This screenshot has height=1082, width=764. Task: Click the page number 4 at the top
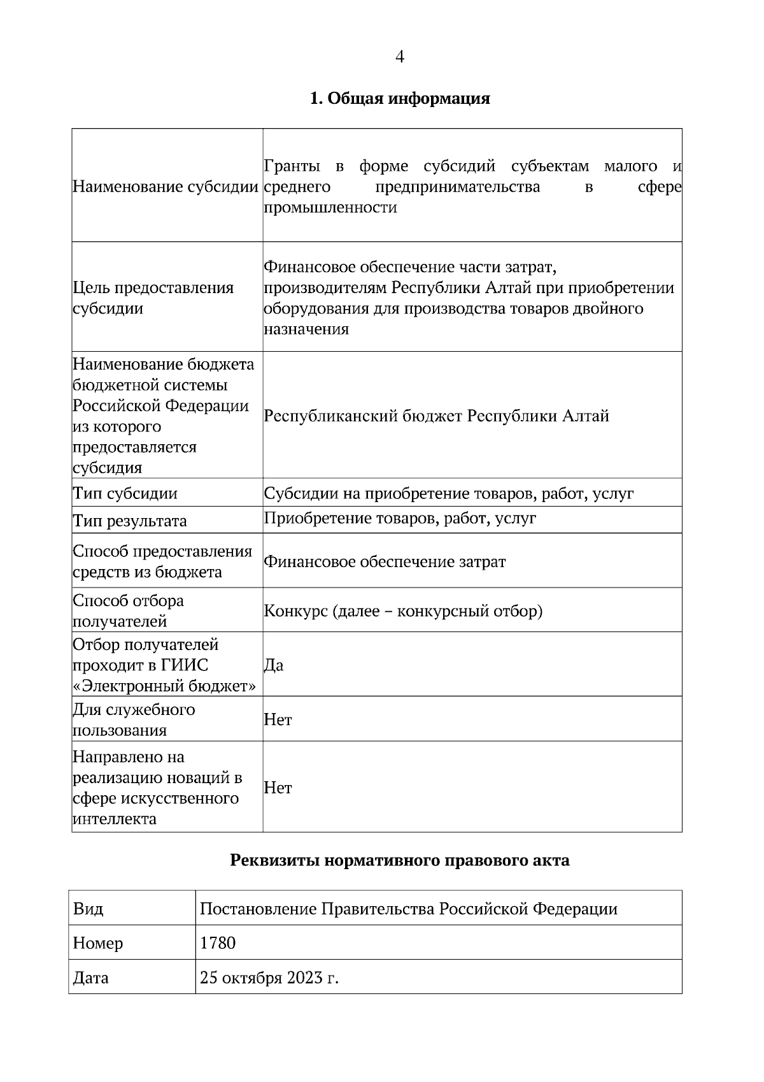pos(400,57)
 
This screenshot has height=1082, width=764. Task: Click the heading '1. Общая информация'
pos(400,99)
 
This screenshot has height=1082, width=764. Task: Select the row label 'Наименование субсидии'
pos(166,187)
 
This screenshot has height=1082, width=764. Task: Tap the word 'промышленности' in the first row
pos(330,208)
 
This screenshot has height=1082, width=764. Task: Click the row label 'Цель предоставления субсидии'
pos(153,298)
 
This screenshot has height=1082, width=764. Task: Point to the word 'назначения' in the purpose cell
pos(306,329)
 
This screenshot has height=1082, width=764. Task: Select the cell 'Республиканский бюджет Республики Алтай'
pos(436,416)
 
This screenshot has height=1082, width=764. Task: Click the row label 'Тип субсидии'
pos(125,493)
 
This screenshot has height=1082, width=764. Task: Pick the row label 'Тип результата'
pos(129,521)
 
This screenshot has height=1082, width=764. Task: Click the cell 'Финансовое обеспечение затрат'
pos(385,562)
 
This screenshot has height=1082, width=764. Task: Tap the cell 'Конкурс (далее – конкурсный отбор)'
pos(403,611)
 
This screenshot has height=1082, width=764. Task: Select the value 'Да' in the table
pos(274,665)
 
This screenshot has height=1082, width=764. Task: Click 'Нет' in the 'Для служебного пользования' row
pos(278,720)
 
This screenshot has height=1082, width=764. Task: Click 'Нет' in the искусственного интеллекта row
pos(278,788)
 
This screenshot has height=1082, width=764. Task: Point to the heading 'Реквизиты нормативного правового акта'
pos(399,861)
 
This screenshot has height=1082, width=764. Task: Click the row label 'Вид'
pos(88,909)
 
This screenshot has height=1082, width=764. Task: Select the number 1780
pos(218,943)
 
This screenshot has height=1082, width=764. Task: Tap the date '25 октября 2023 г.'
pos(269,977)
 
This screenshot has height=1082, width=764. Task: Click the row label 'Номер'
pos(98,943)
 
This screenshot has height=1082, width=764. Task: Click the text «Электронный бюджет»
pos(165,686)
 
